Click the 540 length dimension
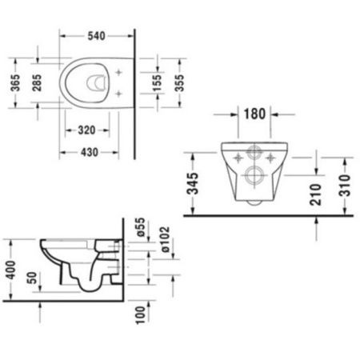[96, 35]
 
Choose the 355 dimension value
[181, 84]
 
